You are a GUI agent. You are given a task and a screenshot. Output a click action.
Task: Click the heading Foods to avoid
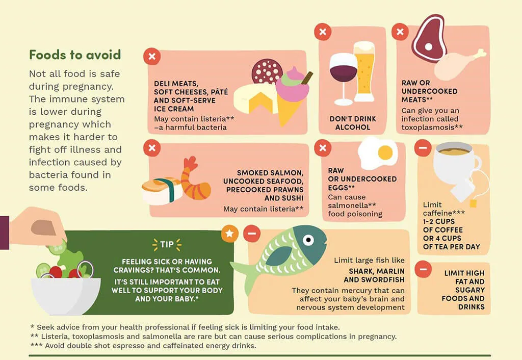pyautogui.click(x=75, y=55)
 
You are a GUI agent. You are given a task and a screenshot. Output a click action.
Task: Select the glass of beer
pyautogui.click(x=364, y=71)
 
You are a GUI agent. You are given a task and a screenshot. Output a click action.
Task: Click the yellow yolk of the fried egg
pyautogui.click(x=385, y=152)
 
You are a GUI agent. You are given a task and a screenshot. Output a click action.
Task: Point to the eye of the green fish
pyautogui.click(x=308, y=240)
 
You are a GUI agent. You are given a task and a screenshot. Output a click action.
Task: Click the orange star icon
pyautogui.click(x=230, y=233)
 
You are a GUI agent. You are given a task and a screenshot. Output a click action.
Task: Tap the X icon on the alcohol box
pyautogui.click(x=323, y=32)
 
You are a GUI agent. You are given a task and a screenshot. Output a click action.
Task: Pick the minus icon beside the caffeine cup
pyautogui.click(x=423, y=147)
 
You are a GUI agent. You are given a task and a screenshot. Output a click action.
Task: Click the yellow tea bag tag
pyautogui.click(x=473, y=203)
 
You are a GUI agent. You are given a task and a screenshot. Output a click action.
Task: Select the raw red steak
pyautogui.click(x=429, y=38)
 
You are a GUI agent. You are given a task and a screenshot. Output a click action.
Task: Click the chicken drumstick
pyautogui.click(x=458, y=65)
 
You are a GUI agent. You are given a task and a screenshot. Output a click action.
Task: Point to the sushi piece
pyautogui.click(x=162, y=191)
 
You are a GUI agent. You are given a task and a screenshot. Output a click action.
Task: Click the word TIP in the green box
pyautogui.click(x=167, y=244)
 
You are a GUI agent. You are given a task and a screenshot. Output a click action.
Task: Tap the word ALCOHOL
pyautogui.click(x=353, y=127)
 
